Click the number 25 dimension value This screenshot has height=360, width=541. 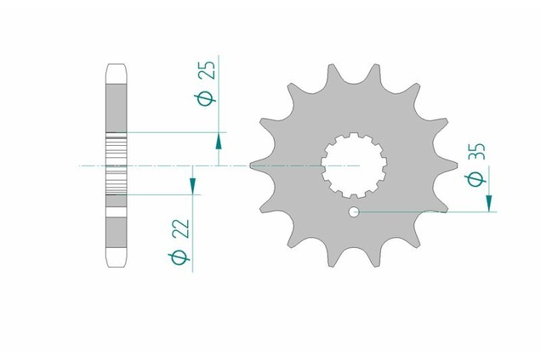(x=208, y=72)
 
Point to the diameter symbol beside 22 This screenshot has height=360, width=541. (x=181, y=258)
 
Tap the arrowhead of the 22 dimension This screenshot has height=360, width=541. (x=193, y=185)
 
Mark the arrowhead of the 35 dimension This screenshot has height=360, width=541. (x=489, y=203)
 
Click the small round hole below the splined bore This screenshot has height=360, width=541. (x=354, y=211)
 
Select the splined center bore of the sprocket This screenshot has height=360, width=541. (x=354, y=165)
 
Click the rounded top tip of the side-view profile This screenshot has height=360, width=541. (x=117, y=69)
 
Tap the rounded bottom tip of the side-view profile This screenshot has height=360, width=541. (x=117, y=263)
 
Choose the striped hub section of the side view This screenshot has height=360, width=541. (x=117, y=165)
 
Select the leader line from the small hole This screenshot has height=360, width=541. (x=422, y=211)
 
